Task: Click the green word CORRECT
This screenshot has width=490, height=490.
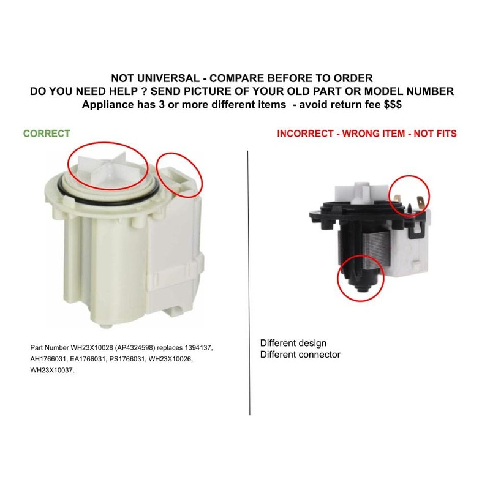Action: coord(47,133)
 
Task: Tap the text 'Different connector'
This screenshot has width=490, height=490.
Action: coord(300,354)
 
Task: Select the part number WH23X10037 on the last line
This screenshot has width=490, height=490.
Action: coord(51,371)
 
